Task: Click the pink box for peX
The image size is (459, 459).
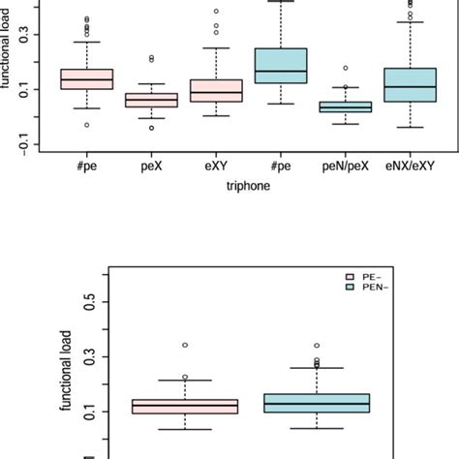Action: pyautogui.click(x=152, y=100)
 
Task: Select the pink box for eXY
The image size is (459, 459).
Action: pyautogui.click(x=216, y=91)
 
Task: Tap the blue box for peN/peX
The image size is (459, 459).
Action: pyautogui.click(x=345, y=107)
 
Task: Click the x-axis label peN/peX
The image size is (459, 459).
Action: pyautogui.click(x=345, y=167)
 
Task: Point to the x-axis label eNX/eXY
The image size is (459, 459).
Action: pyautogui.click(x=409, y=167)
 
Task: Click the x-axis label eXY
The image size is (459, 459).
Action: pyautogui.click(x=216, y=167)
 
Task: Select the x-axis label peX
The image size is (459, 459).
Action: pyautogui.click(x=152, y=167)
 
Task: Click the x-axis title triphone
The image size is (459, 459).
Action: pyautogui.click(x=247, y=191)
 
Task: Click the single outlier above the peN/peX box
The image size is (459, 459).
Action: pyautogui.click(x=345, y=69)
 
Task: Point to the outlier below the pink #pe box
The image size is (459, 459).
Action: pyautogui.click(x=87, y=125)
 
